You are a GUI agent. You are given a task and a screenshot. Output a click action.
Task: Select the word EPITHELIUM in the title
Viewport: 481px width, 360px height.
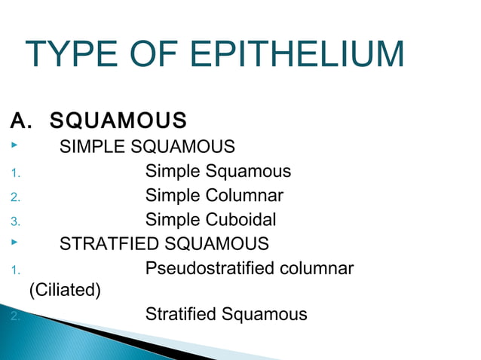pos(297,55)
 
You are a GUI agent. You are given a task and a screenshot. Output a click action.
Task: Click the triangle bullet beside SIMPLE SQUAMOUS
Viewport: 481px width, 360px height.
pos(14,145)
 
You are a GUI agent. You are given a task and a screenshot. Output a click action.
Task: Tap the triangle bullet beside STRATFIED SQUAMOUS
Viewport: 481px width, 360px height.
pos(14,243)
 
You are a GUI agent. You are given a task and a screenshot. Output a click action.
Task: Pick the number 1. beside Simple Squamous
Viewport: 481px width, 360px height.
pos(14,174)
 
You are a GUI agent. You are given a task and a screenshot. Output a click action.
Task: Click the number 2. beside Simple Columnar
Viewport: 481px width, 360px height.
pos(15,198)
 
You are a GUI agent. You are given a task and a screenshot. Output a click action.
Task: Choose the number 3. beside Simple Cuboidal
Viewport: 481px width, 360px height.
pos(15,222)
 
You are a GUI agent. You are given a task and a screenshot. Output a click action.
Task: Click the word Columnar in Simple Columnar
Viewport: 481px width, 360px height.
pos(245,196)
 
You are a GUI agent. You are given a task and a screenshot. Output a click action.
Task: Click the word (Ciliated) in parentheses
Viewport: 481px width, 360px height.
pos(64,289)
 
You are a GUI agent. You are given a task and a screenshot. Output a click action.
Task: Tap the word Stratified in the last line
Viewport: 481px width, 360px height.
pos(181,314)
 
